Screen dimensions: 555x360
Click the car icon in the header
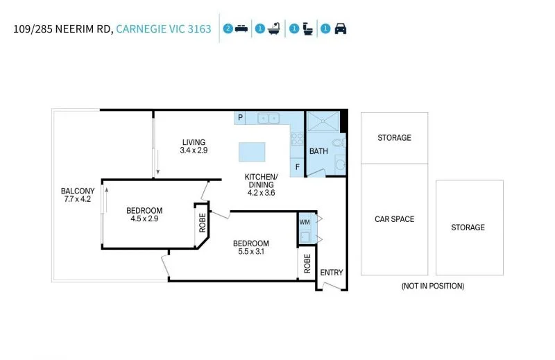pyautogui.click(x=341, y=28)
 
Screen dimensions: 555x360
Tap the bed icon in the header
pyautogui.click(x=241, y=28)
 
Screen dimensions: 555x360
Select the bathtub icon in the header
pyautogui.click(x=274, y=28)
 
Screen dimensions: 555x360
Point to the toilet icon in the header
pyautogui.click(x=308, y=28)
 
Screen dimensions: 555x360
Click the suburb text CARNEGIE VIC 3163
pyautogui.click(x=164, y=28)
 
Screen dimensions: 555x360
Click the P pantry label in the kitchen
pyautogui.click(x=240, y=117)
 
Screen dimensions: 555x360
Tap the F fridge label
pyautogui.click(x=298, y=166)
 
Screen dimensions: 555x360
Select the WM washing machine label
pyautogui.click(x=305, y=222)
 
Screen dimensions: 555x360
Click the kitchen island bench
pyautogui.click(x=252, y=152)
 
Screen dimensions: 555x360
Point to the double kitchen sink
pyautogui.click(x=268, y=118)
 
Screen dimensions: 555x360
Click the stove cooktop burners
pyautogui.click(x=297, y=139)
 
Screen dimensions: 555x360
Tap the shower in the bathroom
pyautogui.click(x=323, y=121)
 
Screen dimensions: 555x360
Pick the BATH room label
pyautogui.click(x=318, y=151)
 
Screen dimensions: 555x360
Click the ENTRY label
pyautogui.click(x=332, y=272)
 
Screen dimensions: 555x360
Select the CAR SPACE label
pyautogui.click(x=394, y=219)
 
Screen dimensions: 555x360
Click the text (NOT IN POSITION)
pyautogui.click(x=433, y=286)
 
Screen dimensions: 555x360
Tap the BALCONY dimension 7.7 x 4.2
pyautogui.click(x=78, y=199)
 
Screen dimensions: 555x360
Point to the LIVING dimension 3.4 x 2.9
pyautogui.click(x=194, y=150)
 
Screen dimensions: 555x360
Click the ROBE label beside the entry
pyautogui.click(x=307, y=264)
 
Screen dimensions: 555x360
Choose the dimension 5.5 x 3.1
pyautogui.click(x=251, y=251)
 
